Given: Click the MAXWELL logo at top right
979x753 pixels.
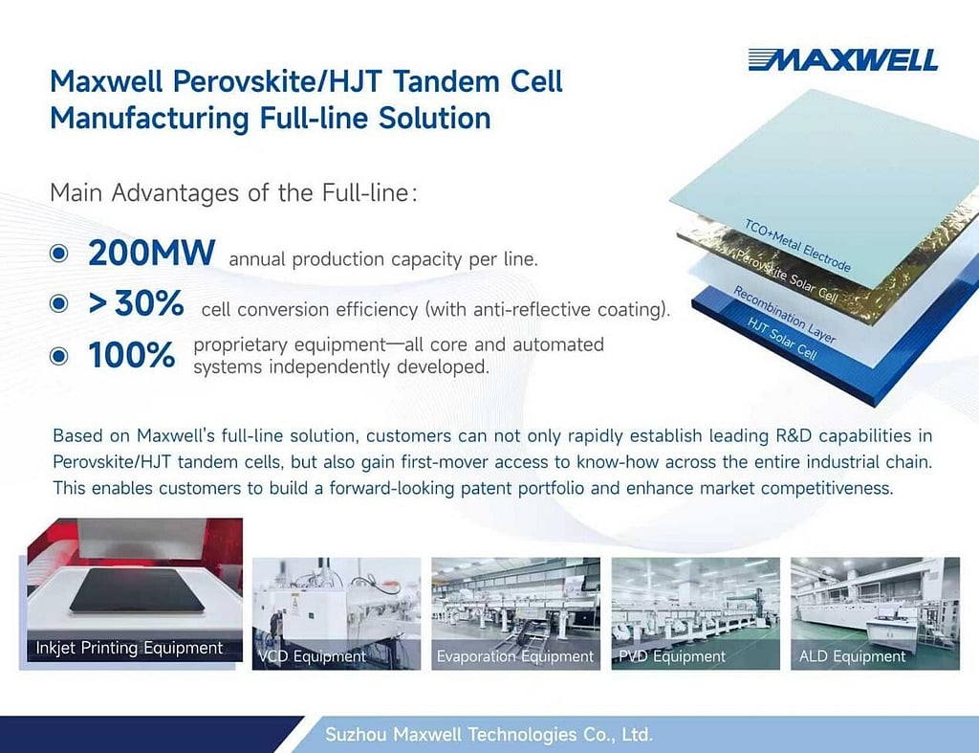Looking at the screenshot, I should (x=842, y=59).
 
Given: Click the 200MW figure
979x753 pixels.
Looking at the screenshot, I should (x=151, y=254).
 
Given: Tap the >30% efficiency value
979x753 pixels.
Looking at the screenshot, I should (x=136, y=304).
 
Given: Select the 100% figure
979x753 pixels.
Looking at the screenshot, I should (x=132, y=355).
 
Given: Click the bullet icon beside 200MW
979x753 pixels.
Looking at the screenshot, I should (x=59, y=254).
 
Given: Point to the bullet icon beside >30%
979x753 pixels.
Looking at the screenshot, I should (x=59, y=304).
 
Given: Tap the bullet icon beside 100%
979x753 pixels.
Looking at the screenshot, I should (x=59, y=355).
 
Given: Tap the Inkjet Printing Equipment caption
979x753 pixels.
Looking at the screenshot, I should (x=129, y=648).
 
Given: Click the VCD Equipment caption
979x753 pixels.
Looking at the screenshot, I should (x=312, y=656).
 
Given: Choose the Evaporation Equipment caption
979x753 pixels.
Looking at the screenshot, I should (x=515, y=656).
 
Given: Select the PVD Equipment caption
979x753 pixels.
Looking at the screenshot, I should (x=672, y=656).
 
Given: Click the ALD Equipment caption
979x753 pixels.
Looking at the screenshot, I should (x=852, y=656).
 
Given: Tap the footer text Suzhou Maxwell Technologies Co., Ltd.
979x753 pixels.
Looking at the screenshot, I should (x=489, y=735).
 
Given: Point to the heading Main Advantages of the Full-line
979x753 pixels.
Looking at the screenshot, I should (x=234, y=192).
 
